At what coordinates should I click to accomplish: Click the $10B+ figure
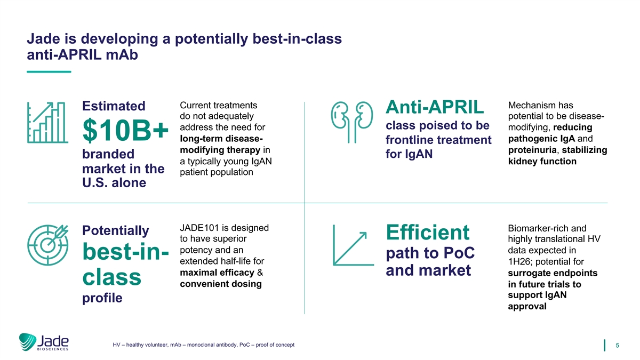pos(125,130)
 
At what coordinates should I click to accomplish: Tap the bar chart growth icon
pos(47,123)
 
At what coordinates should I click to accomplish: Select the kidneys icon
pos(352,122)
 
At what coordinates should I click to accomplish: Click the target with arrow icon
pos(48,245)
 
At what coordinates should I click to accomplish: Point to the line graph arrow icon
pos(353,245)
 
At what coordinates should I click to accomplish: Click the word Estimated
pos(114,106)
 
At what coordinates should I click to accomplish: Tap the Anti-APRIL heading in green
pos(435,107)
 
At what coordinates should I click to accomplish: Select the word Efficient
pos(427,233)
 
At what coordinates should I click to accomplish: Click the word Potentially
pos(115,230)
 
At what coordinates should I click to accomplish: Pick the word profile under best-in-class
pos(102,298)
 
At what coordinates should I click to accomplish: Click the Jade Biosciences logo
pos(44,342)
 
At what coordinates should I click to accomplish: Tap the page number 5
pos(618,346)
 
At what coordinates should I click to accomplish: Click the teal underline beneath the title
pos(49,71)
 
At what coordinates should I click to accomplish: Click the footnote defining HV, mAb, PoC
pos(203,345)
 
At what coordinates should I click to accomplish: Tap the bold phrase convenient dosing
pos(221,284)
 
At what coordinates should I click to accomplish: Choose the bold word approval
pos(527,307)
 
